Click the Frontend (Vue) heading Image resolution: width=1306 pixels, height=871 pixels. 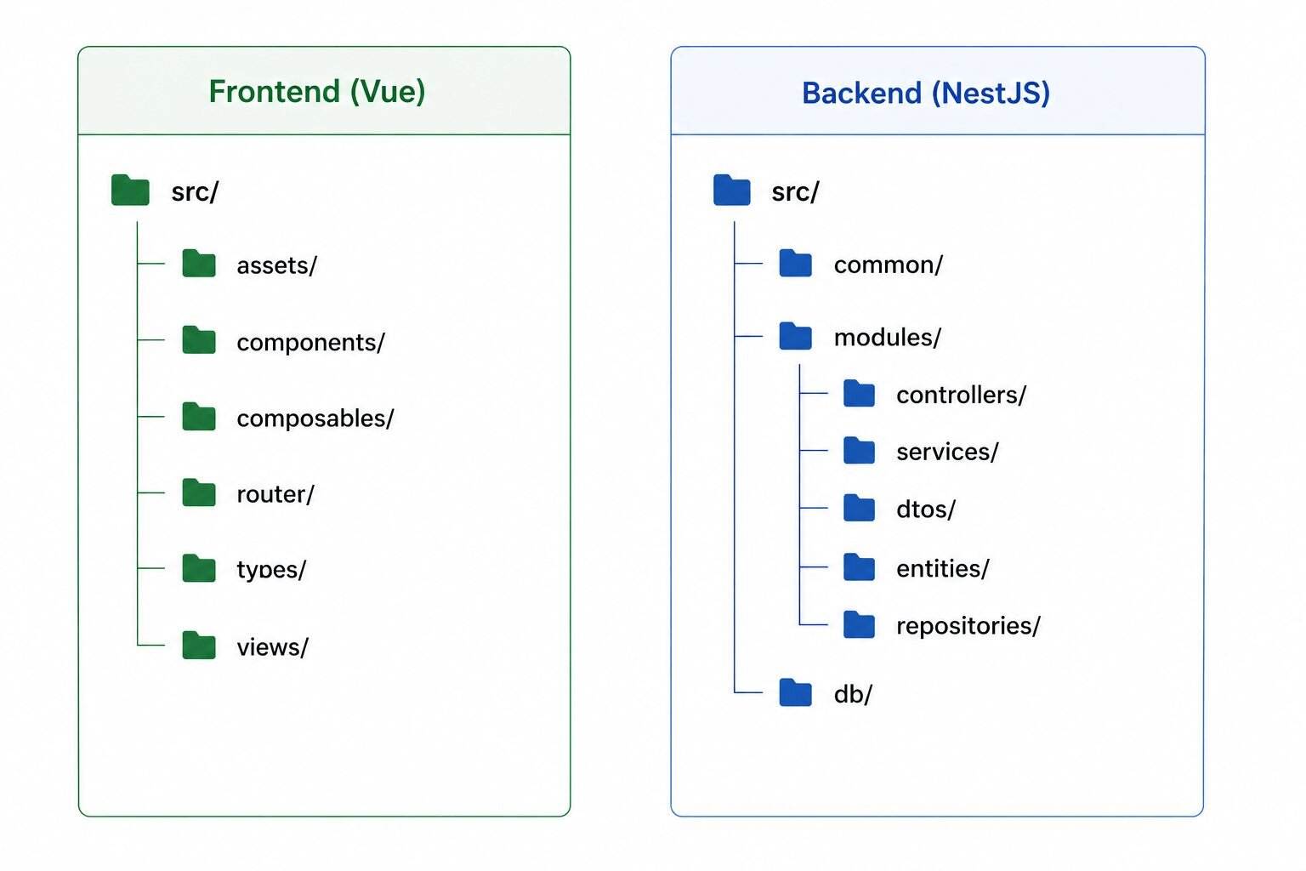pyautogui.click(x=317, y=92)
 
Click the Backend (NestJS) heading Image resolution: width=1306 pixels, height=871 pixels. pyautogui.click(x=926, y=94)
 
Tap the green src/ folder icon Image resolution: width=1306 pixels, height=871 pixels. pyautogui.click(x=130, y=191)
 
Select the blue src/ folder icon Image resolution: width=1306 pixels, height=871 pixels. pyautogui.click(x=732, y=191)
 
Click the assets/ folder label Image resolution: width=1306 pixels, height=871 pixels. pyautogui.click(x=277, y=265)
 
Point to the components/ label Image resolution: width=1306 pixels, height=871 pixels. pyautogui.click(x=310, y=343)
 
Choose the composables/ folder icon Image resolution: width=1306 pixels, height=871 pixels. pyautogui.click(x=199, y=417)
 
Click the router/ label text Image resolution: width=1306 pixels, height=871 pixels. pyautogui.click(x=275, y=495)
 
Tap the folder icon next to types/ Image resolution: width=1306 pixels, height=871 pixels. pyautogui.click(x=199, y=568)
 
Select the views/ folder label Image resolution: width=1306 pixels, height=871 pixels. pyautogui.click(x=272, y=647)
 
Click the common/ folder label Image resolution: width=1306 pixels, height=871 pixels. pyautogui.click(x=889, y=265)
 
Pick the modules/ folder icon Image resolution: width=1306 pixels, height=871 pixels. pyautogui.click(x=795, y=336)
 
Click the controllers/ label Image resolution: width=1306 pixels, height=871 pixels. pyautogui.click(x=962, y=396)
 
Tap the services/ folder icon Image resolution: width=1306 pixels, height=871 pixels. pyautogui.click(x=859, y=450)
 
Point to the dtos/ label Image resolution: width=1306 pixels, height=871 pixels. pyautogui.click(x=926, y=510)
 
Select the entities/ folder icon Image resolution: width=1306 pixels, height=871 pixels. pyautogui.click(x=859, y=567)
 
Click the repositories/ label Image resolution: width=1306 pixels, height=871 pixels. pyautogui.click(x=968, y=626)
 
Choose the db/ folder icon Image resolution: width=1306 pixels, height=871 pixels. pyautogui.click(x=795, y=692)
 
